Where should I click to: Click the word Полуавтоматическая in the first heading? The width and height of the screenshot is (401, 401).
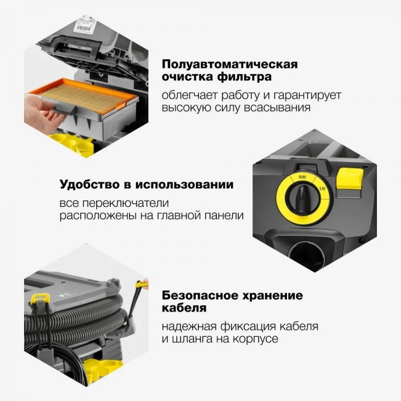(230, 64)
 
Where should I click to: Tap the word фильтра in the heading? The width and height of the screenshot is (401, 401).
(244, 77)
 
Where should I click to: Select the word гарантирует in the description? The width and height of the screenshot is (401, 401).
(307, 96)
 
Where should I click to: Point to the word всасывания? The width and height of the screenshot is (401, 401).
(277, 107)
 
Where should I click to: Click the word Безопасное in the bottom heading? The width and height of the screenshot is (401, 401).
(200, 296)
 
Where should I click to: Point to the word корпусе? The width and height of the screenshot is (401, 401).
(255, 339)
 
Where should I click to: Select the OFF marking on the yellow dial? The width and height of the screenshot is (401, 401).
(303, 177)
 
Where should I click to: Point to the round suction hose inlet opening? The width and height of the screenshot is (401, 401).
(307, 255)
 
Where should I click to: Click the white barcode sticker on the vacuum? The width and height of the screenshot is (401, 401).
(82, 26)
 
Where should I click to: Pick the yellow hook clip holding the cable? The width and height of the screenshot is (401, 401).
(40, 298)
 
